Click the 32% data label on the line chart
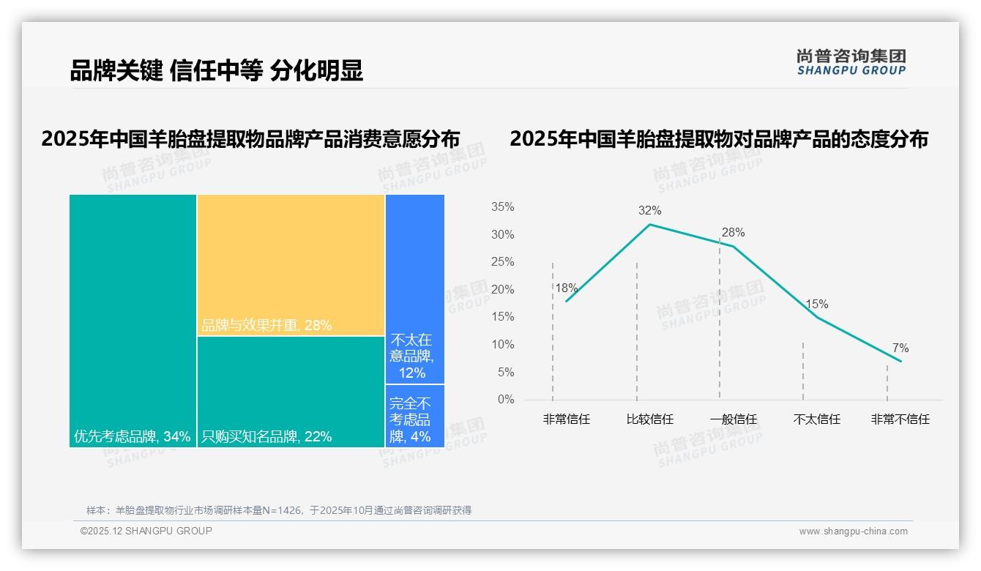tap(649, 211)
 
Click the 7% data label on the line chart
tap(900, 348)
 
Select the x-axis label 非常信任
tap(566, 419)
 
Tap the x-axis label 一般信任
tap(733, 419)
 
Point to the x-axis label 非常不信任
tap(900, 419)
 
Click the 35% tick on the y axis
tap(502, 207)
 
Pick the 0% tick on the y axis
tap(505, 400)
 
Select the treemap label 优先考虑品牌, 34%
tap(133, 437)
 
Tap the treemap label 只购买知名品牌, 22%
tap(266, 437)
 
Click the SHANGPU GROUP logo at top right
tap(851, 62)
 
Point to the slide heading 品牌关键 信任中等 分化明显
tap(216, 71)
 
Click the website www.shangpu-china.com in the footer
tap(853, 531)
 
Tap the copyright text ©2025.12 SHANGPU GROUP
tap(146, 531)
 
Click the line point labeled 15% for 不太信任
tap(817, 317)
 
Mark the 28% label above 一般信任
tap(733, 233)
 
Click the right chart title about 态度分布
tap(719, 139)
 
